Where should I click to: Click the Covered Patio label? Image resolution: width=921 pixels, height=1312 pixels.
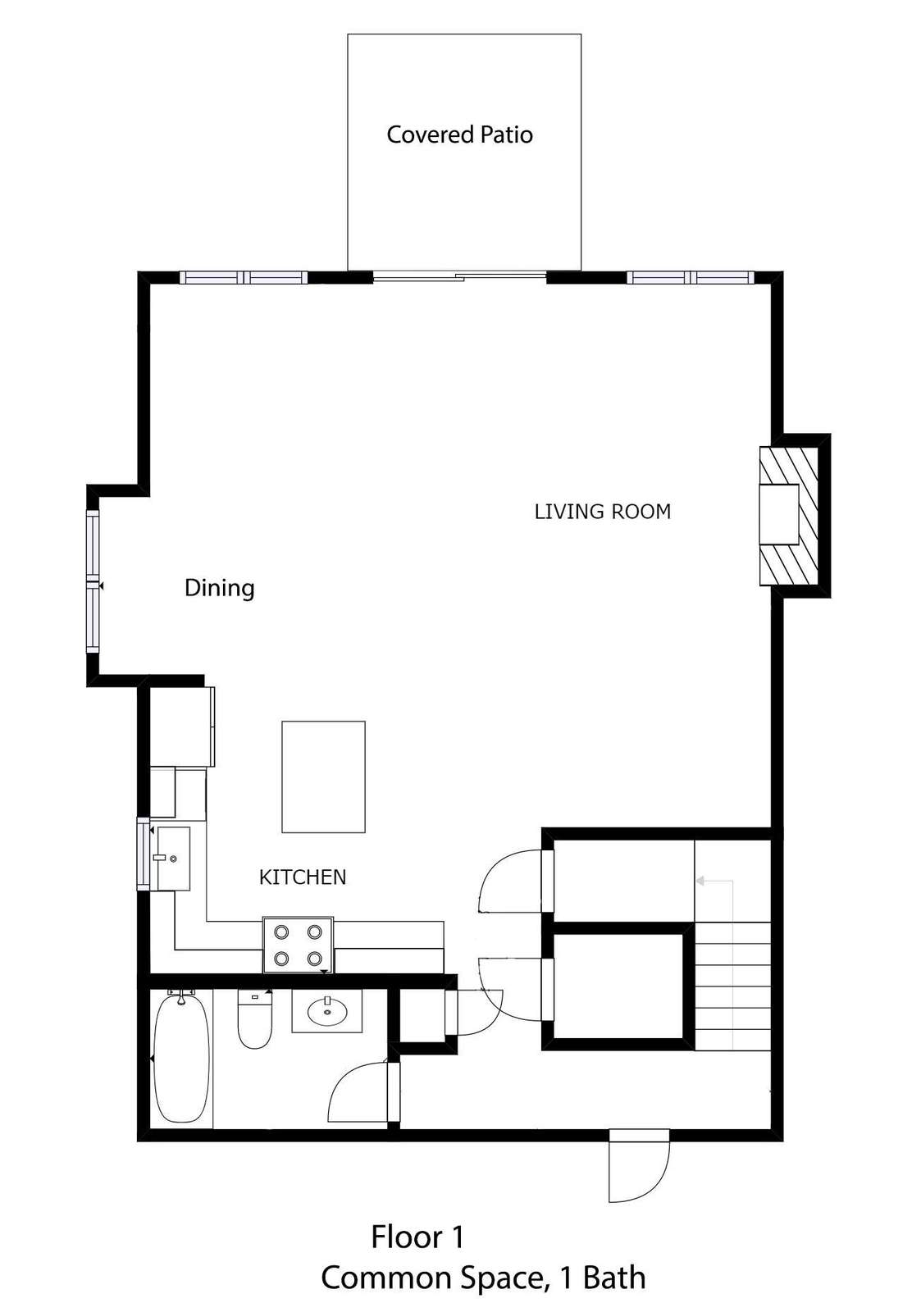[x=459, y=134]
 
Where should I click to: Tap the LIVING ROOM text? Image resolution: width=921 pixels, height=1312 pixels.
[x=602, y=512]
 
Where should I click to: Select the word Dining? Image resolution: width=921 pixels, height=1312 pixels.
[x=219, y=588]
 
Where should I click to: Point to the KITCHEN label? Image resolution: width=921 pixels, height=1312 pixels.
[x=303, y=877]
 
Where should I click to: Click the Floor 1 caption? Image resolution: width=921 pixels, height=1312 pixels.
[x=417, y=1237]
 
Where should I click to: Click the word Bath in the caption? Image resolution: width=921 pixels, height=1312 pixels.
[x=614, y=1278]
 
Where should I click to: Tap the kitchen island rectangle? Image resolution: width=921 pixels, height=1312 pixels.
[x=323, y=777]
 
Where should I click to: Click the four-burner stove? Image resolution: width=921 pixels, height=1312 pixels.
[x=299, y=945]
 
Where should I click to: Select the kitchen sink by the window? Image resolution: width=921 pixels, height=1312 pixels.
[x=171, y=858]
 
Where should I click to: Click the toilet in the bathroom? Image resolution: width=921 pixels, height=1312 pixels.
[x=255, y=1018]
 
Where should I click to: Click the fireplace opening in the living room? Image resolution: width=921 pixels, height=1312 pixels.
[x=778, y=515]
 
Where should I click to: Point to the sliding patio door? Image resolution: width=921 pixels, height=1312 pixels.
[x=460, y=276]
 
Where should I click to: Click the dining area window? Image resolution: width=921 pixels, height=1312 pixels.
[x=93, y=581]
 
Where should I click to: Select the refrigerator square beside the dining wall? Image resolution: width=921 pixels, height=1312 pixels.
[x=181, y=727]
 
